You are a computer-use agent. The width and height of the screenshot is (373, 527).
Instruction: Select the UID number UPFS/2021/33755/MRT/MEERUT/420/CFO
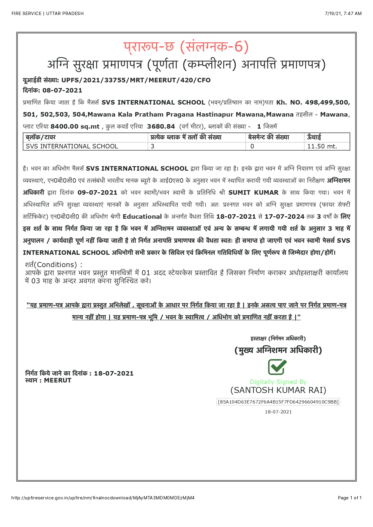click(x=136, y=80)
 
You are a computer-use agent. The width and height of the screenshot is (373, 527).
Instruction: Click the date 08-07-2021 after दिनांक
click(x=62, y=90)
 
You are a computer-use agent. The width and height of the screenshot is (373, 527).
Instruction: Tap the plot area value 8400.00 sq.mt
click(x=75, y=126)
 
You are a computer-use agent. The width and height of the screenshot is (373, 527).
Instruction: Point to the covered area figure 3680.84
click(x=161, y=126)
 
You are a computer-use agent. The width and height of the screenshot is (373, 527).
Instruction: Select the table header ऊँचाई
click(x=314, y=137)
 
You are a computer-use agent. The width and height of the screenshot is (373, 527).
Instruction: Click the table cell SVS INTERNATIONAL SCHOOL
click(x=72, y=146)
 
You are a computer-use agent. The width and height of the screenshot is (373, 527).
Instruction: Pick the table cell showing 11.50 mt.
click(x=322, y=146)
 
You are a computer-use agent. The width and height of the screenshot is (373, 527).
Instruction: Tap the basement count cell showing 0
click(x=252, y=146)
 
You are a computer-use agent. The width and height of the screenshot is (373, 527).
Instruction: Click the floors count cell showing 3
click(x=152, y=146)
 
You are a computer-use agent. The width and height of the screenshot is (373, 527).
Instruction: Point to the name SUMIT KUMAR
click(x=253, y=193)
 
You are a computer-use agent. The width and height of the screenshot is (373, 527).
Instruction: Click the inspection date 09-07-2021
click(x=97, y=193)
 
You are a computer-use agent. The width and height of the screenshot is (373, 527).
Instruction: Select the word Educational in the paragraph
click(x=142, y=217)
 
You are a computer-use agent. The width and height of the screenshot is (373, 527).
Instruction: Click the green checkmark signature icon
click(x=277, y=367)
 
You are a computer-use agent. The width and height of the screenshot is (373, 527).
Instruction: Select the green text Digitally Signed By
click(x=278, y=382)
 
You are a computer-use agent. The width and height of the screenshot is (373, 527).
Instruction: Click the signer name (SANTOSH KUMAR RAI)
click(x=278, y=390)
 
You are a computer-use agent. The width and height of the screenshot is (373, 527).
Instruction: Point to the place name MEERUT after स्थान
click(x=57, y=380)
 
